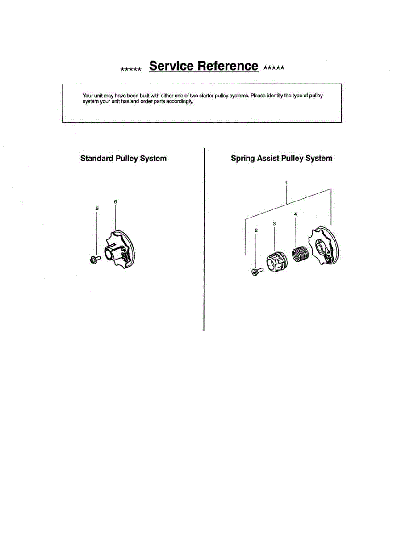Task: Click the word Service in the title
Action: (x=171, y=66)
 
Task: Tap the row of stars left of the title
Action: (x=131, y=69)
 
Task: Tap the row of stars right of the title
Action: (x=274, y=68)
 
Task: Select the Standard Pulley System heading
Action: (x=123, y=159)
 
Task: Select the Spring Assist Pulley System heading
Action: (x=281, y=159)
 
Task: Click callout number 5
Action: (x=97, y=209)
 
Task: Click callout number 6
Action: (x=115, y=202)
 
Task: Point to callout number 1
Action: (x=286, y=183)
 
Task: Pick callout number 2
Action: (x=256, y=230)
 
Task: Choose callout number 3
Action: (x=274, y=223)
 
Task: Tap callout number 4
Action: (x=295, y=214)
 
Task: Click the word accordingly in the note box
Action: (x=180, y=102)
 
